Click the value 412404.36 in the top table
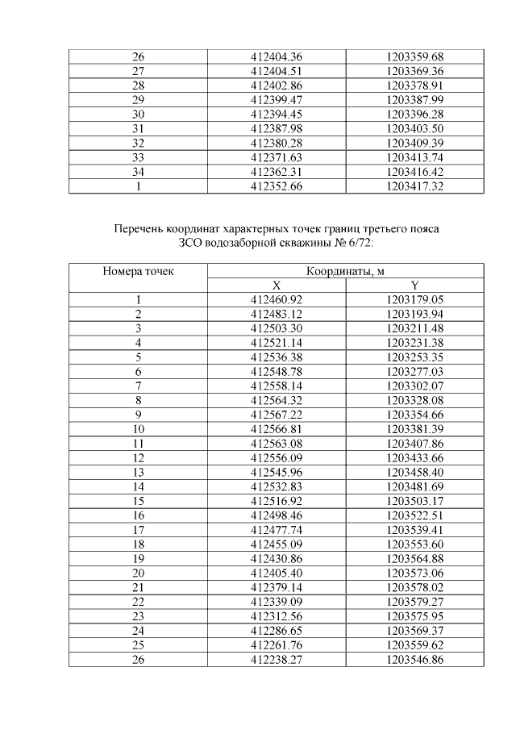tap(277, 56)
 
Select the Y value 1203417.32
tap(414, 186)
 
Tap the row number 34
tap(138, 172)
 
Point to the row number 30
tap(138, 114)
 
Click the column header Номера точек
tap(138, 271)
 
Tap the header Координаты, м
tap(346, 271)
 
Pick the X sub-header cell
tap(277, 285)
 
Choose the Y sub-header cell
tap(414, 285)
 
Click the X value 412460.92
tap(277, 299)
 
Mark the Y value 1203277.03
tap(414, 371)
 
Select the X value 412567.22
tap(277, 415)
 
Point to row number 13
tap(138, 472)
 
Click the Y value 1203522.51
tap(414, 515)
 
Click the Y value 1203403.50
tap(414, 128)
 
